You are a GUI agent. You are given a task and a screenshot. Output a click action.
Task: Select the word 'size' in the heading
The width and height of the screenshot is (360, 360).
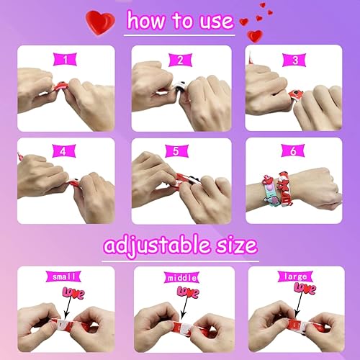[231, 245]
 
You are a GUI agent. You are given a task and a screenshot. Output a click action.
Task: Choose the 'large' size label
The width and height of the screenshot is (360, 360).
[296, 276]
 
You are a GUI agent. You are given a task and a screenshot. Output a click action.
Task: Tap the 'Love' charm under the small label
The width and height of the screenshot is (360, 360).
[73, 292]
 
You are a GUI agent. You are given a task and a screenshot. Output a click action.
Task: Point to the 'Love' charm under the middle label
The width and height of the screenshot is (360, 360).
[189, 292]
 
